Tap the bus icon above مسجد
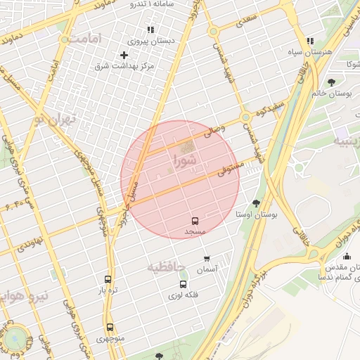pos(195,221)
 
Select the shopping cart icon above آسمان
pos(207,259)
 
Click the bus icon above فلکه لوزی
pos(183,285)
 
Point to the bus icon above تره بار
pos(108,279)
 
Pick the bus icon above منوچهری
pos(110,327)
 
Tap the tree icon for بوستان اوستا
pos(255,202)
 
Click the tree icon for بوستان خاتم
pos(331,82)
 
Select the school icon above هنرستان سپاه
pos(290,41)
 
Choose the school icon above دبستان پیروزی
pos(150,30)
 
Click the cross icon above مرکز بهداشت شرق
pos(124,55)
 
